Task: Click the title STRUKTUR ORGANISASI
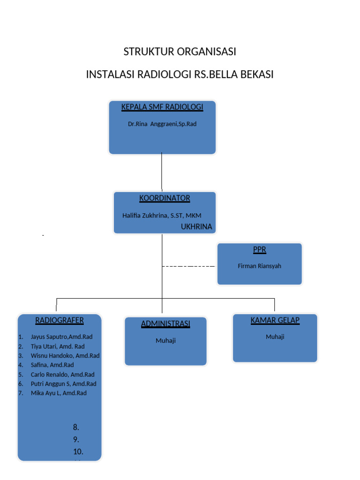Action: click(180, 52)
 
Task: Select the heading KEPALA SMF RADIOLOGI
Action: click(162, 107)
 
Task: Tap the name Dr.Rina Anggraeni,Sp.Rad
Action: click(162, 124)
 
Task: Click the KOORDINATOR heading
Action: click(165, 198)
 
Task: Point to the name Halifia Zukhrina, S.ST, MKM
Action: click(162, 215)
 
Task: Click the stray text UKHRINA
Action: click(196, 227)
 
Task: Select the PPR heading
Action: click(260, 250)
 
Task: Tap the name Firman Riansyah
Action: click(260, 266)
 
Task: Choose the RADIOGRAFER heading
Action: click(60, 321)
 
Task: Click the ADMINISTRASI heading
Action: click(165, 324)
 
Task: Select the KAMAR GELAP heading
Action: click(275, 321)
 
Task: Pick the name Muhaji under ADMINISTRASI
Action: click(165, 341)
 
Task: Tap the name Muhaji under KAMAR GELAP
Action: click(275, 337)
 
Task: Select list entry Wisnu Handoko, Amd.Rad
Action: click(65, 355)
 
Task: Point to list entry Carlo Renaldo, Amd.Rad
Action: click(62, 375)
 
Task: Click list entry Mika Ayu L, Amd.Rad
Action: click(59, 393)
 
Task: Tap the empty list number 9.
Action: click(76, 440)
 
